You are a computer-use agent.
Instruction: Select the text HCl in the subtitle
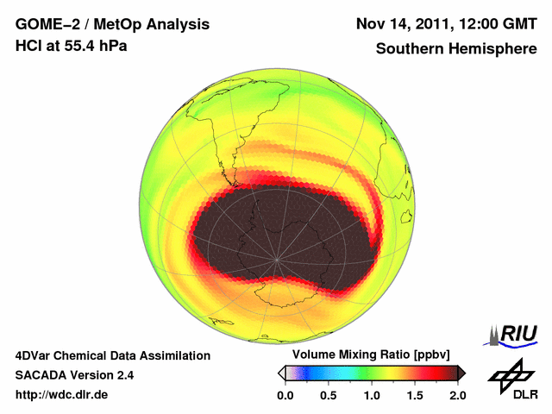click(x=29, y=45)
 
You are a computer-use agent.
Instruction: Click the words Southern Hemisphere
click(x=456, y=49)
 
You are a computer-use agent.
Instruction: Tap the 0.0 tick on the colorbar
click(x=285, y=395)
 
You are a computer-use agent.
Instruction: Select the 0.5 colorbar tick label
click(x=329, y=395)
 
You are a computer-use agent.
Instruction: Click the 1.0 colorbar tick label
click(x=372, y=395)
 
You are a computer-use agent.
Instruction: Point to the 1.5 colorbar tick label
click(x=415, y=395)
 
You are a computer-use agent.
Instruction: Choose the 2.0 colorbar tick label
click(x=457, y=395)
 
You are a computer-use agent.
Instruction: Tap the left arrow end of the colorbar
click(x=281, y=373)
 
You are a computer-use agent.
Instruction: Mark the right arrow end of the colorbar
click(x=461, y=373)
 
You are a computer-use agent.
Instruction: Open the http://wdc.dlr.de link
click(x=62, y=395)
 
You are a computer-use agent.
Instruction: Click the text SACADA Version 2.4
click(x=74, y=375)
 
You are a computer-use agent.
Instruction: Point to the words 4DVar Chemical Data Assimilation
click(x=112, y=355)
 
